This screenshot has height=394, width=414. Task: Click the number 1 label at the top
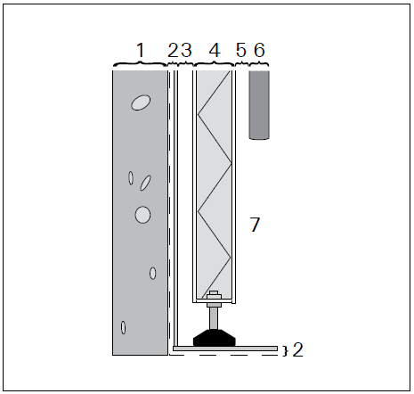[141, 50]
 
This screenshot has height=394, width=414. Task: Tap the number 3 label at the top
[187, 50]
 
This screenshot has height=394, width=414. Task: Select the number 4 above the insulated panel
[214, 50]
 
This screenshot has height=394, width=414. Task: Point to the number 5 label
[241, 50]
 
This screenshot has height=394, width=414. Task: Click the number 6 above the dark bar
[259, 50]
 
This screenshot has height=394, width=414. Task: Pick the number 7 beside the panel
[255, 225]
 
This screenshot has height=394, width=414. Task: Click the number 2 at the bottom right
[298, 349]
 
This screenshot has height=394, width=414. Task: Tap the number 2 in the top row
[173, 50]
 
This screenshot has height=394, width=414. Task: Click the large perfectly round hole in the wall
[142, 214]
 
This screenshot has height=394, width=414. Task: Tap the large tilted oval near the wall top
[140, 103]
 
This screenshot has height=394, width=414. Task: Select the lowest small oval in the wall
[124, 328]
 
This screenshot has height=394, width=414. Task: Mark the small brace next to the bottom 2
[284, 349]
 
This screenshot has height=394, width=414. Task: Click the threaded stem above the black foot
[214, 316]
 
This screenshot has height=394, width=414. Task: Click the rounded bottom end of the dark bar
[259, 136]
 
